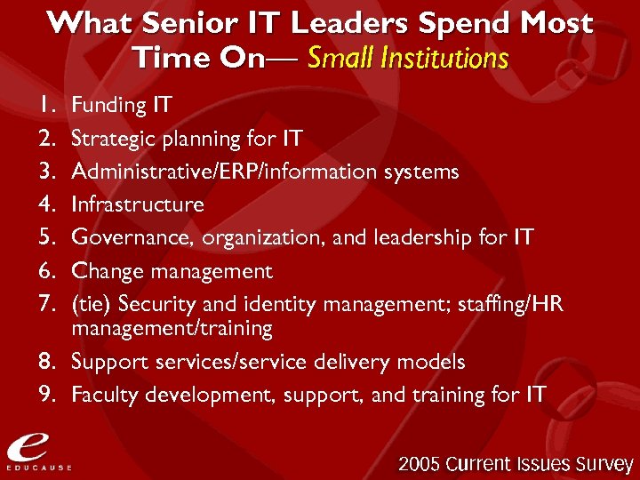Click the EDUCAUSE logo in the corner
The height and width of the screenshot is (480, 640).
click(36, 450)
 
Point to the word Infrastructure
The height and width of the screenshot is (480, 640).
click(137, 204)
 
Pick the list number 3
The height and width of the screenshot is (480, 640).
click(48, 172)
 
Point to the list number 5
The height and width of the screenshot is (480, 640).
click(48, 238)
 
